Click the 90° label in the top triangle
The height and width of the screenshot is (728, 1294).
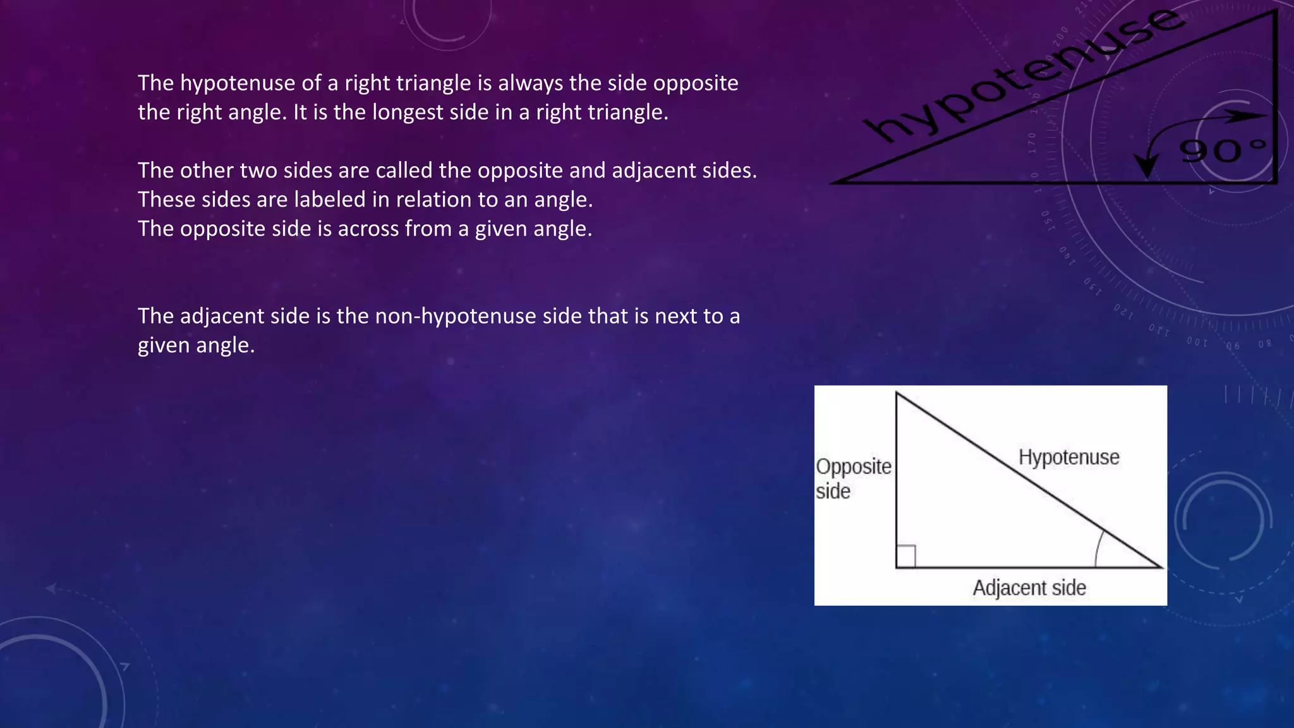click(1223, 150)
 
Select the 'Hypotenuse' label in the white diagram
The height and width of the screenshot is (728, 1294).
click(1068, 457)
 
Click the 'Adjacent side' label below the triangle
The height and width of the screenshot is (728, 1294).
click(1029, 588)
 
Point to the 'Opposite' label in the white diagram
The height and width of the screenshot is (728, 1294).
click(853, 466)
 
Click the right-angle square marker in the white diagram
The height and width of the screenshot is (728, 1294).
click(906, 556)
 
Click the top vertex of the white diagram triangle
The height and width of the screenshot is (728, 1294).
click(897, 393)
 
